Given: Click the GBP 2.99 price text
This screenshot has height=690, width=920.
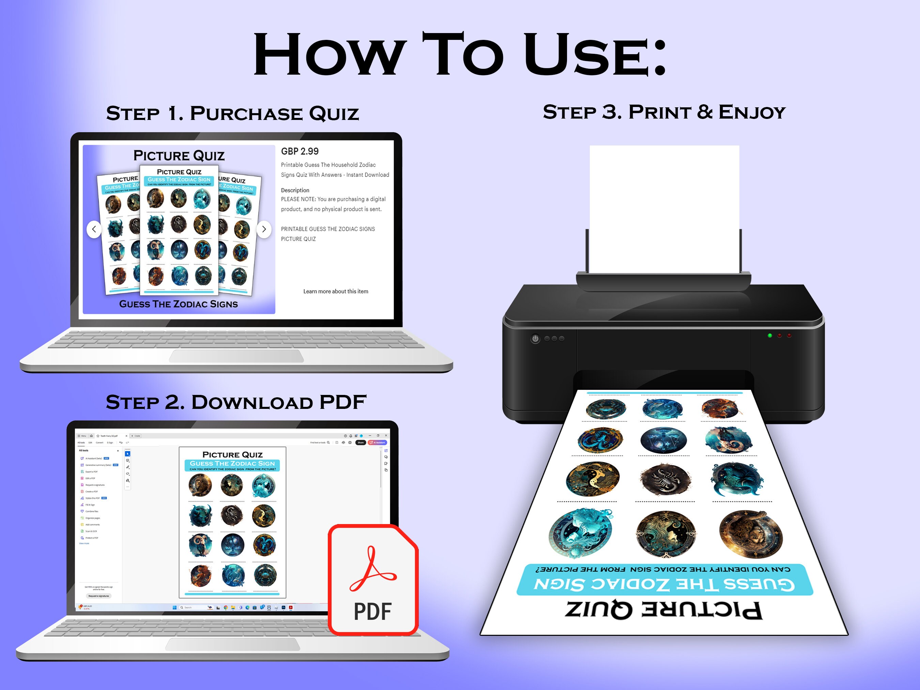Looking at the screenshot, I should pyautogui.click(x=300, y=151).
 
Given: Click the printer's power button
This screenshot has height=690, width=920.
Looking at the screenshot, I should pyautogui.click(x=535, y=339).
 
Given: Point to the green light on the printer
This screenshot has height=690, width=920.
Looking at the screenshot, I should pyautogui.click(x=770, y=335).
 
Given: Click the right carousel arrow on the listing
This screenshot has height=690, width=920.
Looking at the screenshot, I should pyautogui.click(x=264, y=229).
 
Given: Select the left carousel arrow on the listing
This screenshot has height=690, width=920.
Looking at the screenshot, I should pyautogui.click(x=94, y=229).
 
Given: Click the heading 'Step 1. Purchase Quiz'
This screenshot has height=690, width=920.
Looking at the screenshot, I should pyautogui.click(x=232, y=113).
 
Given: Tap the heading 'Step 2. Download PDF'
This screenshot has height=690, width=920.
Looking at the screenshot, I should pyautogui.click(x=236, y=402).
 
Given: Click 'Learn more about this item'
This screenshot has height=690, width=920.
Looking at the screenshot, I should pyautogui.click(x=335, y=291).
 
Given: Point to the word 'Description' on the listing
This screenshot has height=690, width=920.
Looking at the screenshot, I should pyautogui.click(x=295, y=190).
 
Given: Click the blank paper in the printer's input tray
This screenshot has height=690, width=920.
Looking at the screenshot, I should pyautogui.click(x=664, y=208).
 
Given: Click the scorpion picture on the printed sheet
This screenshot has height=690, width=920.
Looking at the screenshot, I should pyautogui.click(x=665, y=479).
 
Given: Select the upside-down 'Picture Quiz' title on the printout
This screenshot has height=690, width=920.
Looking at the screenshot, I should pyautogui.click(x=664, y=610).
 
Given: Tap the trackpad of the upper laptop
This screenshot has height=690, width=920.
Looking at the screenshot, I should pyautogui.click(x=236, y=356).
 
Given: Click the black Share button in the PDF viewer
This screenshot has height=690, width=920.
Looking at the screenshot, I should pyautogui.click(x=361, y=443).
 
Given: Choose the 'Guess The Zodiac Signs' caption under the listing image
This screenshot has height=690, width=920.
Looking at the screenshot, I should pyautogui.click(x=179, y=304).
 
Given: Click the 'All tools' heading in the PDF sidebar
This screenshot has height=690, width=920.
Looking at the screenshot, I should pyautogui.click(x=83, y=450).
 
